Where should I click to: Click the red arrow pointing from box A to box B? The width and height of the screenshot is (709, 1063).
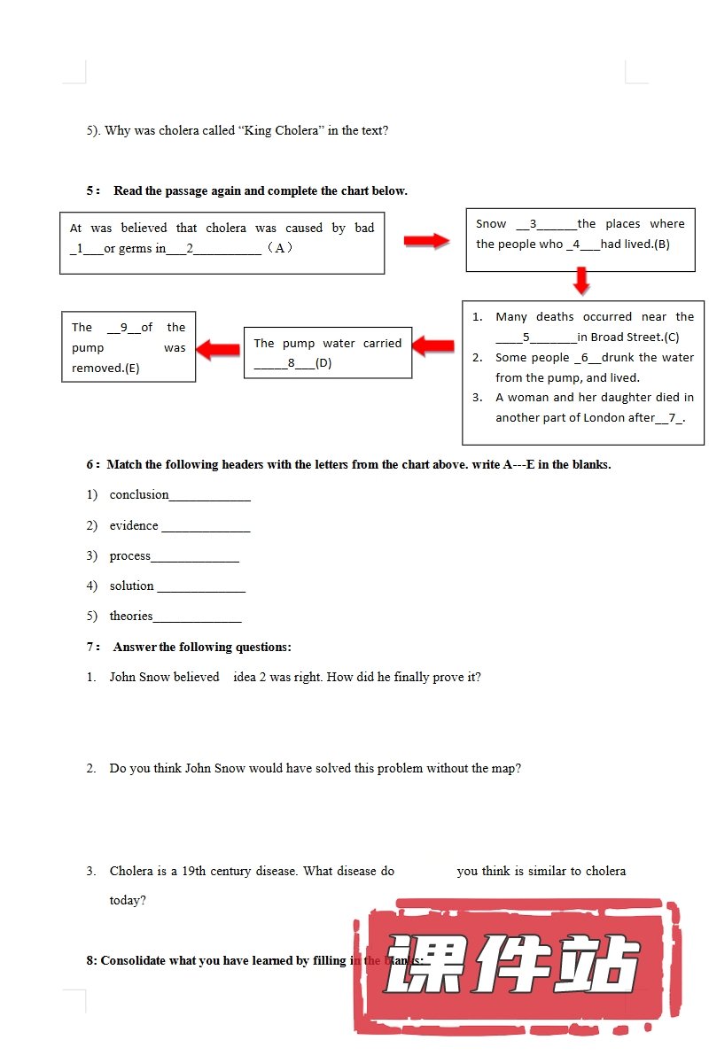tap(426, 241)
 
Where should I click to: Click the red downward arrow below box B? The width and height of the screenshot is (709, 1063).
tap(580, 281)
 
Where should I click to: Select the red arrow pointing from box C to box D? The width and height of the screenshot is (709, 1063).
tap(433, 346)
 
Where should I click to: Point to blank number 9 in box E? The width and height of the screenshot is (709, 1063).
tap(123, 328)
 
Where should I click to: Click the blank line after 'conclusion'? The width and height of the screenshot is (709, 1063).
tap(210, 496)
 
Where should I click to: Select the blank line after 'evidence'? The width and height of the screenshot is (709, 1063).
tap(206, 527)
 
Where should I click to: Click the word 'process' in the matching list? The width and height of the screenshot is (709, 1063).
tap(130, 556)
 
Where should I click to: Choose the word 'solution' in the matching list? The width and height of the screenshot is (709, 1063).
tap(132, 586)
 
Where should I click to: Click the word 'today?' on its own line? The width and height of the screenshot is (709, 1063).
tap(128, 901)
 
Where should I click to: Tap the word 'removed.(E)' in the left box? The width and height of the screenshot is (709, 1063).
tap(105, 369)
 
